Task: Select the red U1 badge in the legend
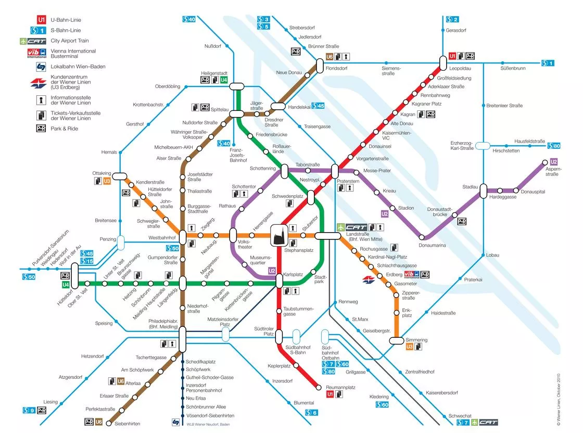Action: click(x=41, y=20)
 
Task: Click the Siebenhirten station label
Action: click(x=127, y=424)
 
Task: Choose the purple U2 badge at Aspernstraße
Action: click(x=553, y=161)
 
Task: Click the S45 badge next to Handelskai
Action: click(x=318, y=106)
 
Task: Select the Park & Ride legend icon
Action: click(x=41, y=129)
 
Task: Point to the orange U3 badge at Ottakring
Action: click(x=107, y=181)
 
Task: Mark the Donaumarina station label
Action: click(x=432, y=245)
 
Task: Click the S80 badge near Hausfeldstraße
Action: click(x=553, y=146)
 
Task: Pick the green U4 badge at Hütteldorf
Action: click(x=66, y=285)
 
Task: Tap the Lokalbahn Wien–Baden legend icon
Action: click(x=41, y=67)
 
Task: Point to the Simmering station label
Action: click(x=416, y=340)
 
